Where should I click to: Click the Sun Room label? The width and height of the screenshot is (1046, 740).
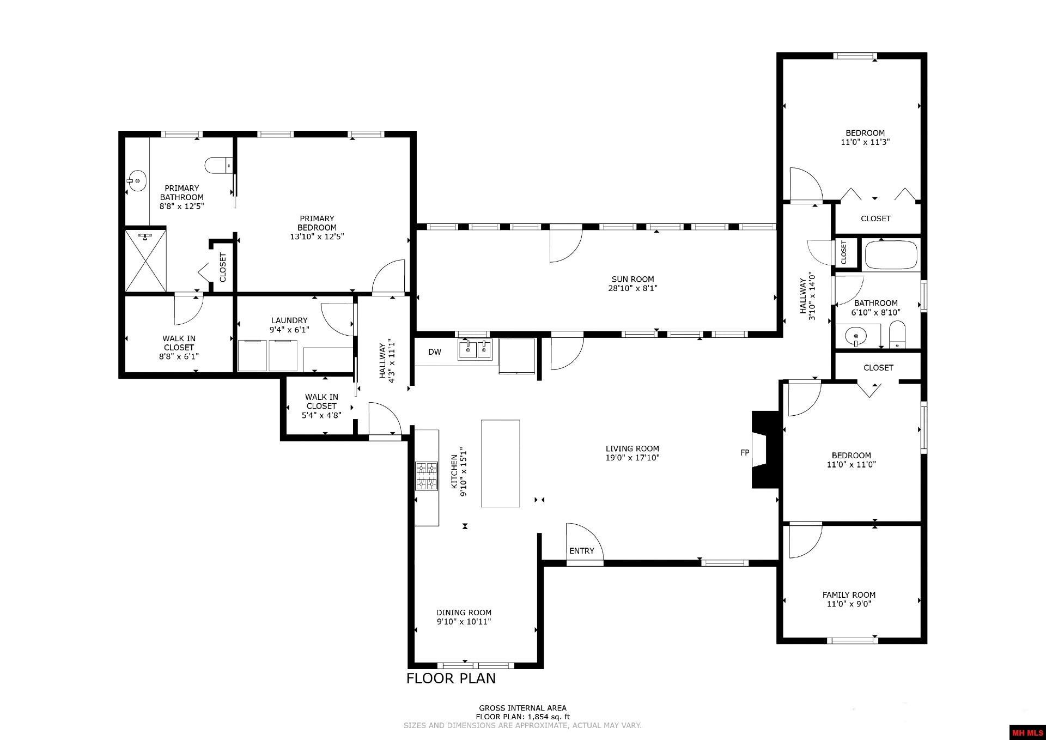pyautogui.click(x=632, y=280)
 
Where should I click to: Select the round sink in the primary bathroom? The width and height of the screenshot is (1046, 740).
pyautogui.click(x=137, y=180)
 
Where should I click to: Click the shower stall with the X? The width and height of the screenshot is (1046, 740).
pyautogui.click(x=145, y=261)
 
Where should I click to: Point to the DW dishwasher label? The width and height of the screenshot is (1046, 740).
pyautogui.click(x=434, y=352)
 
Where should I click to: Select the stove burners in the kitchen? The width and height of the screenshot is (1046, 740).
pyautogui.click(x=427, y=476)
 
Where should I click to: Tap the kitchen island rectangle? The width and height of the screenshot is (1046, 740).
pyautogui.click(x=500, y=463)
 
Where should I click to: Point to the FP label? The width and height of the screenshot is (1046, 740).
pyautogui.click(x=744, y=453)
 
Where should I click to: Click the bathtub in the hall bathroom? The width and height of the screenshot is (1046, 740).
pyautogui.click(x=891, y=255)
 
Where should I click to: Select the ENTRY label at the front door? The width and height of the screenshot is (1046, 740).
pyautogui.click(x=581, y=551)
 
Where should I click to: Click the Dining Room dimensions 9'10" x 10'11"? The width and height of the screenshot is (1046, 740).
pyautogui.click(x=464, y=622)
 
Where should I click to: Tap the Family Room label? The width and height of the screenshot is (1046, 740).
pyautogui.click(x=848, y=595)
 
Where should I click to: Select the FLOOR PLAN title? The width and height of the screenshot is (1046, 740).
pyautogui.click(x=451, y=678)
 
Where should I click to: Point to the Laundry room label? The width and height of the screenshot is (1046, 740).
pyautogui.click(x=289, y=320)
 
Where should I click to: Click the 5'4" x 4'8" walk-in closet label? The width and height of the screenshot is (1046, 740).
pyautogui.click(x=321, y=415)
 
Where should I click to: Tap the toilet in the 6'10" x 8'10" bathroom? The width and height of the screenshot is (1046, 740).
pyautogui.click(x=897, y=335)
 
